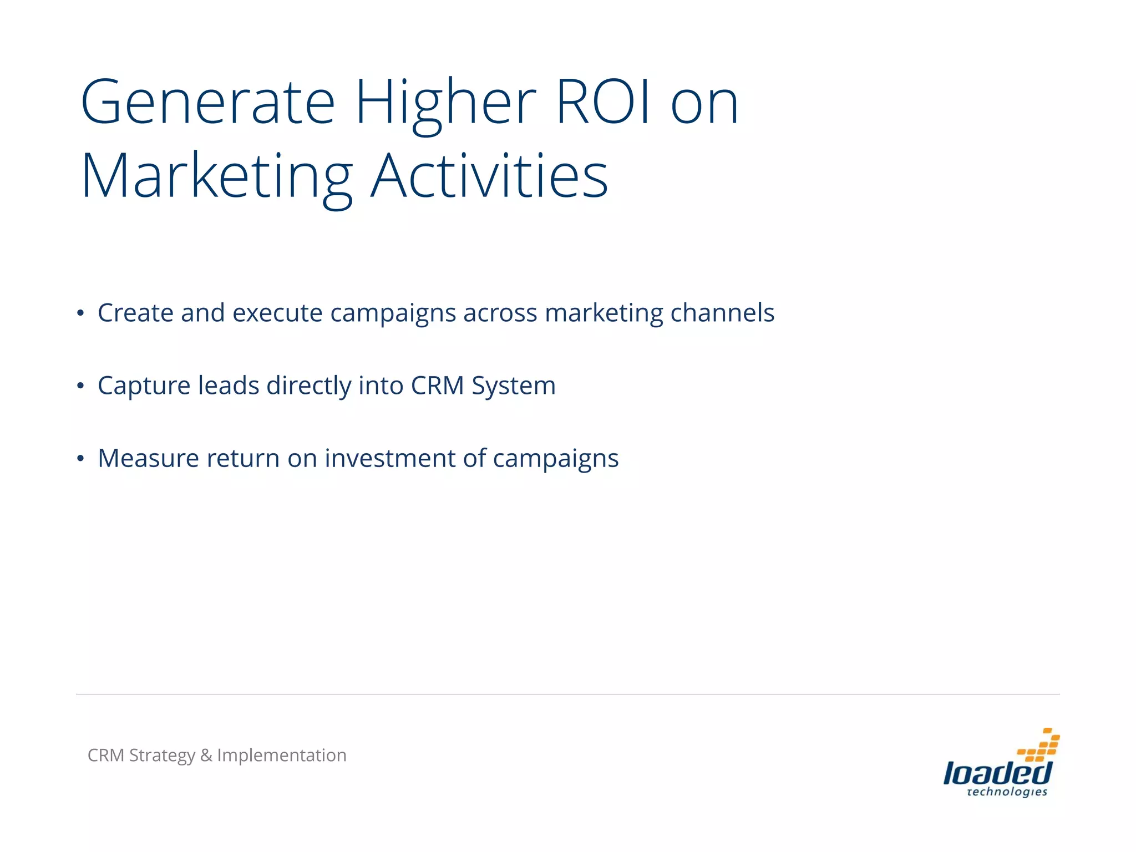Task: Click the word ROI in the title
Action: click(603, 102)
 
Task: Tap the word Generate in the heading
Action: click(208, 102)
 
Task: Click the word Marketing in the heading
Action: click(217, 177)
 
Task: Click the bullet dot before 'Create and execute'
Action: click(81, 314)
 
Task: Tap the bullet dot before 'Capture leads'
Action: click(81, 386)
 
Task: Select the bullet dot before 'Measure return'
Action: click(81, 459)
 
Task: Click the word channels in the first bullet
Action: click(722, 313)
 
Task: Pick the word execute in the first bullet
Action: click(277, 313)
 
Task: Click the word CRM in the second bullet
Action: click(437, 386)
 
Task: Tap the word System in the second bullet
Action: click(514, 387)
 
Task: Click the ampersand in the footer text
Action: click(206, 755)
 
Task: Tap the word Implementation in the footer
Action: click(282, 756)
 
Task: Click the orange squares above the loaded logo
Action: click(1039, 745)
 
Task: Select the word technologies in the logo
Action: click(1007, 792)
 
